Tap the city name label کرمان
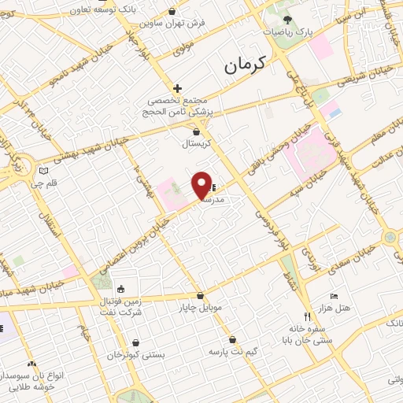pos(246,65)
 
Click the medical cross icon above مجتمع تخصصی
pos(178,88)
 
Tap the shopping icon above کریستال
pos(196,132)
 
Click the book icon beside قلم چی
pos(44,170)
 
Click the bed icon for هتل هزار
pos(334,296)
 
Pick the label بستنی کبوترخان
pos(139,355)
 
